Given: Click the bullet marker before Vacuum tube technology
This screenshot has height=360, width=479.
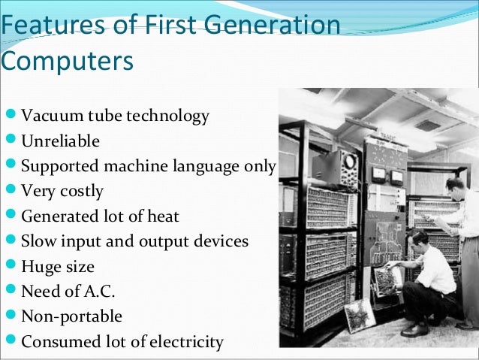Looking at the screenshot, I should pos(9,116).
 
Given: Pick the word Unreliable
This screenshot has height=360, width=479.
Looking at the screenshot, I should pos(60,141).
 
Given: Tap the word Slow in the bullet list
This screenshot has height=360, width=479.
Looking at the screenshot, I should pos(38,241).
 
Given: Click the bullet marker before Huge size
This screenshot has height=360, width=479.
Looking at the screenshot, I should pos(9,266).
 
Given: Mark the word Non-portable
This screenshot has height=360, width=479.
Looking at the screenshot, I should pos(71,316).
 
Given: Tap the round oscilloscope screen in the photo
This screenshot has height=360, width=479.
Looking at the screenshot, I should pos(348,160).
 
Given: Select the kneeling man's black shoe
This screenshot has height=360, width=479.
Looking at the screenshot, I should pos(415,329).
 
